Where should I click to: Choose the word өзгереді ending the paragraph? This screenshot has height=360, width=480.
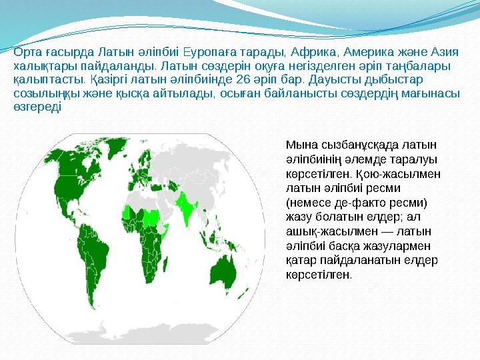37,107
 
